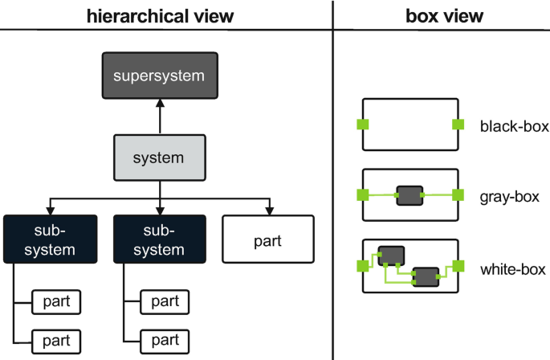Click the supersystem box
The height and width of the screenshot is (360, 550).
(x=159, y=76)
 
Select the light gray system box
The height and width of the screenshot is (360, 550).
(x=160, y=157)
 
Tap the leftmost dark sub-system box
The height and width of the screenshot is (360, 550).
(x=51, y=239)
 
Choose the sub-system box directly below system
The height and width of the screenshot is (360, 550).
(x=160, y=239)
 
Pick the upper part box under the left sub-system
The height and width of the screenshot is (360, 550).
(x=55, y=302)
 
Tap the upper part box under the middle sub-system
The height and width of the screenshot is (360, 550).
(x=165, y=302)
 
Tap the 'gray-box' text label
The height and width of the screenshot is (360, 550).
(x=510, y=195)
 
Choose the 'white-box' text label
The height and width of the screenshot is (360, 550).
(x=512, y=269)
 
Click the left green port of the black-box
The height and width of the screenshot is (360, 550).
(x=363, y=125)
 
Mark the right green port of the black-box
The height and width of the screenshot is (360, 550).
(x=458, y=125)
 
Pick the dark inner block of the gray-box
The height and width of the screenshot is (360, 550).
(x=409, y=195)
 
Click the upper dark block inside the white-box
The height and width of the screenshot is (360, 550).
(x=391, y=255)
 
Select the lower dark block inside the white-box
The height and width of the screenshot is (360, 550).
(x=426, y=276)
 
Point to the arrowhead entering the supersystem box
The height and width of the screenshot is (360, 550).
(x=160, y=104)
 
